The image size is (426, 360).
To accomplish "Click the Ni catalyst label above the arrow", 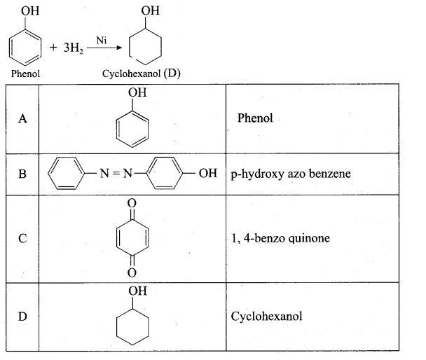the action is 102,41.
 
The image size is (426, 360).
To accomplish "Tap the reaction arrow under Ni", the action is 104,48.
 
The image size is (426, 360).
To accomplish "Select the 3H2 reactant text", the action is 74,48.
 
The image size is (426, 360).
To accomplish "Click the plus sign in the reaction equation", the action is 53,48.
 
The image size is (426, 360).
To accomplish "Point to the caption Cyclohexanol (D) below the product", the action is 142,74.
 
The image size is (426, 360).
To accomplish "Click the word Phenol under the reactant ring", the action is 25,74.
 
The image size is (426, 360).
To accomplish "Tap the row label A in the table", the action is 23,118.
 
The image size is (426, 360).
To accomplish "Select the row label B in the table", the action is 22,174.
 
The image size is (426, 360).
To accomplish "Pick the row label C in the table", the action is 22,238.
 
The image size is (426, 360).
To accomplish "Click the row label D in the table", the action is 22,317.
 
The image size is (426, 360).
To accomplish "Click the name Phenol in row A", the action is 255,118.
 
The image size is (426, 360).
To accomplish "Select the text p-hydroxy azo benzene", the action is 291,174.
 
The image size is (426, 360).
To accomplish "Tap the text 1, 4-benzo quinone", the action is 281,238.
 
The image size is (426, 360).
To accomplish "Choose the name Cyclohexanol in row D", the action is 266,317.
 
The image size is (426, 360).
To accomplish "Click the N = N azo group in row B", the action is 116,173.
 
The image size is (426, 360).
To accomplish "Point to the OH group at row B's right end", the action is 208,173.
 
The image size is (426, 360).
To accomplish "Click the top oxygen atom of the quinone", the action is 132,203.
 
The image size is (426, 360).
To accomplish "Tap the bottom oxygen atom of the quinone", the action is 132,272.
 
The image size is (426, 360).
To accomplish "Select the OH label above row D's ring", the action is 138,291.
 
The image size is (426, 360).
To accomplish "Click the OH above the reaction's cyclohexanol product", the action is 150,11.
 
